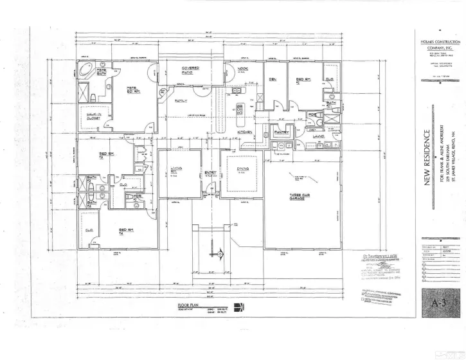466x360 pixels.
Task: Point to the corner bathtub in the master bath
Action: click(85, 69)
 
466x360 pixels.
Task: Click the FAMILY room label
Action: click(181, 101)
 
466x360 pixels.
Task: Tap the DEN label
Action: click(273, 79)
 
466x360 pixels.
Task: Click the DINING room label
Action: click(242, 169)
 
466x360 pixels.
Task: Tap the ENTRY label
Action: click(210, 172)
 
